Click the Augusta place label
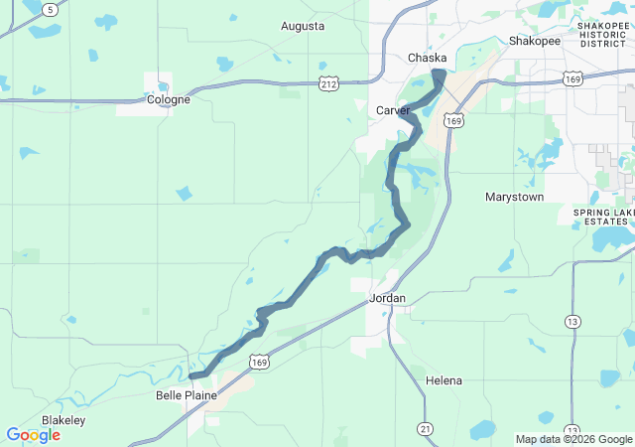pos(303,26)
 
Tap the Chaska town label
pos(428,59)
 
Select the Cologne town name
pos(168,99)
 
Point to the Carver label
pos(393,110)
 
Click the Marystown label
pos(514,197)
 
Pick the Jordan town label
pos(387,298)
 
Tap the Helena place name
pos(444,380)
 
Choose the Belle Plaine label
pos(186,394)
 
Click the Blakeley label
pos(63,420)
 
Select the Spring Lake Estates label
pos(603,218)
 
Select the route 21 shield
pos(425,428)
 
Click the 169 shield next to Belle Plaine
pos(259,363)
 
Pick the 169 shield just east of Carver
pos(452,120)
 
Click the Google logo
pos(33,435)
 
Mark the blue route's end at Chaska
pos(438,74)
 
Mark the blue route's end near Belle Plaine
pos(192,375)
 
